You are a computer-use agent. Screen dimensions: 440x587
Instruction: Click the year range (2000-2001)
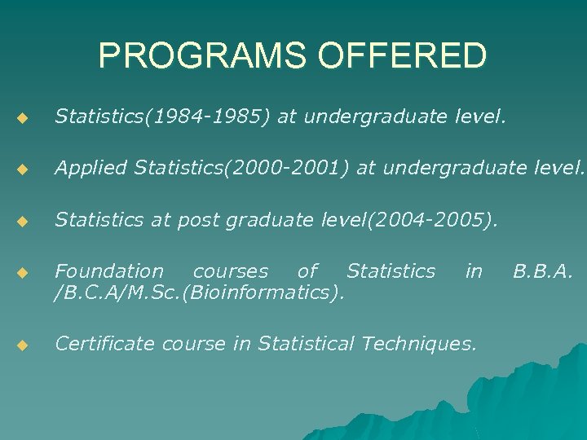[x=288, y=169]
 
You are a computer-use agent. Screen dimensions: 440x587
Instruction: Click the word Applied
[x=91, y=169]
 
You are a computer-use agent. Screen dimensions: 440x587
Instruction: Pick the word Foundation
[x=109, y=271]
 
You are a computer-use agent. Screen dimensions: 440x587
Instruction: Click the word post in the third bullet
[x=212, y=220]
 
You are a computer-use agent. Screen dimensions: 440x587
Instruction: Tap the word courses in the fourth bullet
[x=231, y=271]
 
